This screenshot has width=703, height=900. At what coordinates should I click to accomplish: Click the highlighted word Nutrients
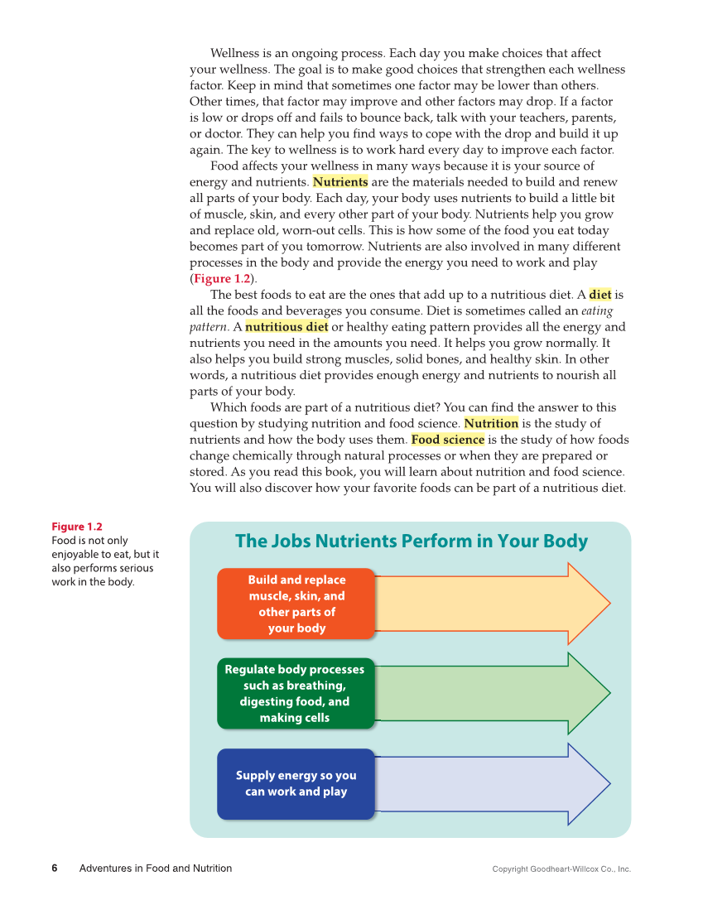tap(340, 182)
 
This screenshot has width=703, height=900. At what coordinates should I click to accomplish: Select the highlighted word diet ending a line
tap(599, 295)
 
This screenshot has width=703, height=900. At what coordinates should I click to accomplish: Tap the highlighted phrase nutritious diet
tap(286, 327)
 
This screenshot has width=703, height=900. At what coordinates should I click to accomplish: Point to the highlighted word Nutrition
tap(491, 424)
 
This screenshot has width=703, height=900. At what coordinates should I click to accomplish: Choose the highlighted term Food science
tap(447, 440)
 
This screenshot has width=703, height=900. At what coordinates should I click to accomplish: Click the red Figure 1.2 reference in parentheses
tap(222, 279)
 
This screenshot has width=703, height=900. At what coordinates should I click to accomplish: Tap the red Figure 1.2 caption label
tap(77, 527)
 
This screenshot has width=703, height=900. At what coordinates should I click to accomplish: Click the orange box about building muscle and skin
tap(296, 604)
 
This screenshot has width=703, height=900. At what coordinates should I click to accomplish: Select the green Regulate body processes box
tap(295, 693)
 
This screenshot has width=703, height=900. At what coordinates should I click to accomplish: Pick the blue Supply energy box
tap(296, 783)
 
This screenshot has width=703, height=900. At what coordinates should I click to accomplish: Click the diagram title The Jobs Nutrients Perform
tap(411, 541)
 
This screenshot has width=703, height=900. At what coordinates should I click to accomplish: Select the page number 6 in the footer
tap(55, 869)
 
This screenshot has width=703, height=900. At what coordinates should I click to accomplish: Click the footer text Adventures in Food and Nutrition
tap(156, 869)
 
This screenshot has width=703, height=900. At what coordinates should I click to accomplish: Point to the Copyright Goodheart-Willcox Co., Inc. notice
tap(561, 869)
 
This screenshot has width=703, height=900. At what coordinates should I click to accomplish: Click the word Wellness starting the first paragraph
tap(236, 54)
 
